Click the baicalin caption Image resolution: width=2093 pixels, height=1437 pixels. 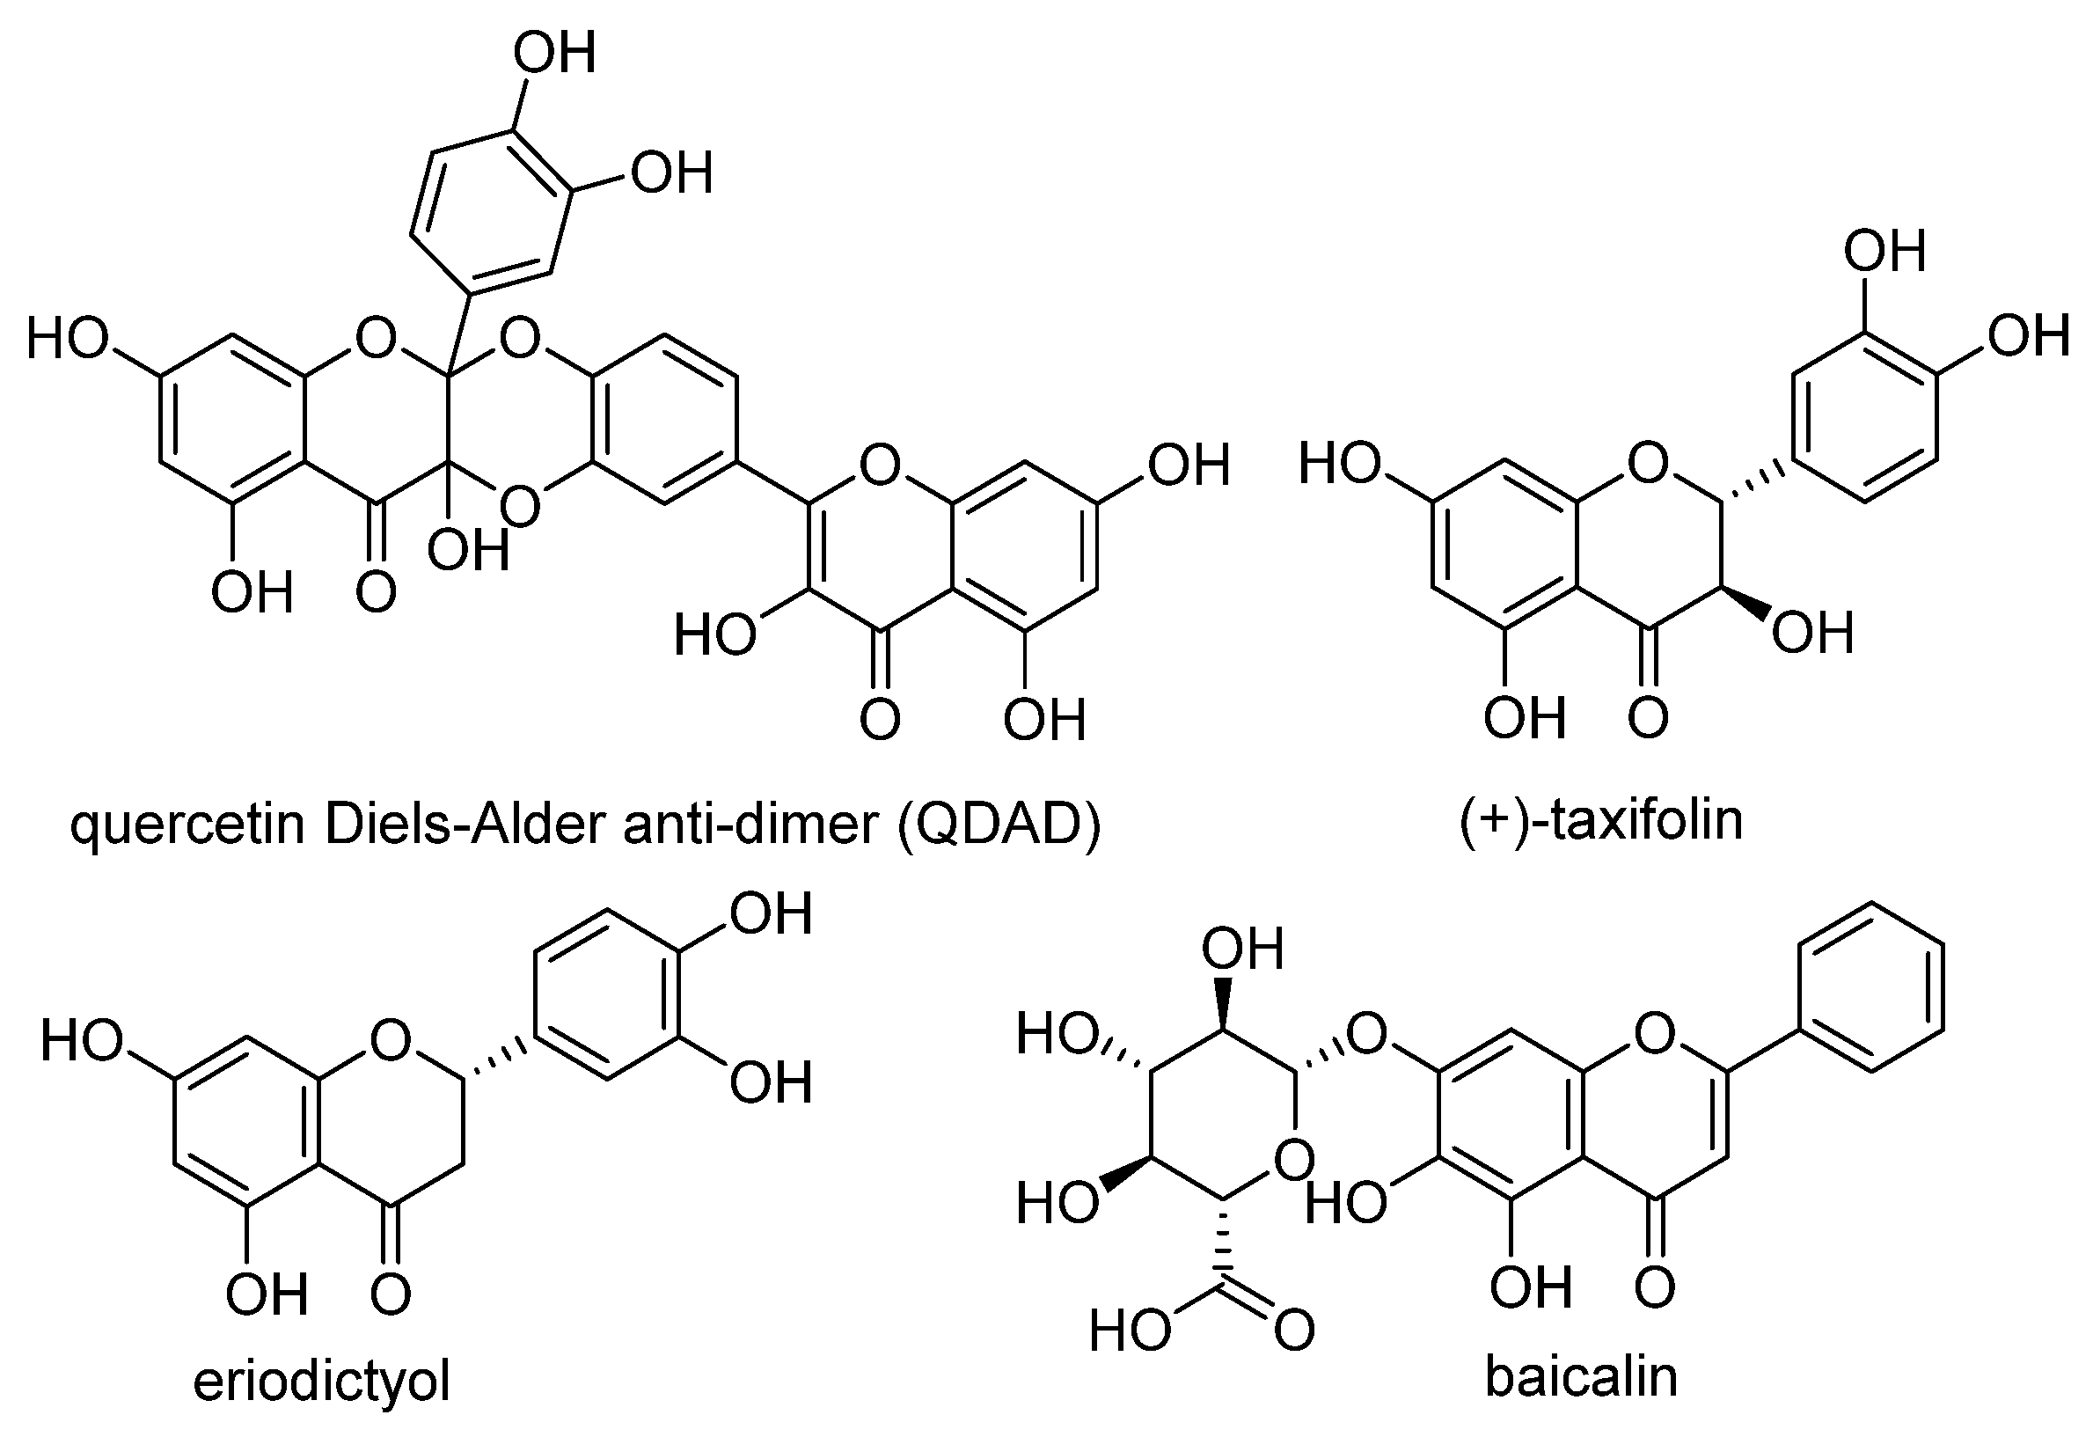pyautogui.click(x=1581, y=1376)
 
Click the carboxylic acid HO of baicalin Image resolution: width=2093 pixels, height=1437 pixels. pyautogui.click(x=1131, y=1330)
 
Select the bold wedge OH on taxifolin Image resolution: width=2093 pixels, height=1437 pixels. pyautogui.click(x=1813, y=633)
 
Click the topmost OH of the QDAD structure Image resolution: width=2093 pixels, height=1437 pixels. pyautogui.click(x=555, y=54)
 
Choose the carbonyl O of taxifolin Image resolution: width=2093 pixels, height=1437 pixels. pyautogui.click(x=1648, y=719)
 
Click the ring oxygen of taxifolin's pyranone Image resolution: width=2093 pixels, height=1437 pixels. pyautogui.click(x=1648, y=463)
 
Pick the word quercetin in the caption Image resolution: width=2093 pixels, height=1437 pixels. pyautogui.click(x=187, y=824)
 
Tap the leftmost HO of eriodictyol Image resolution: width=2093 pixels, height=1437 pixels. pyautogui.click(x=81, y=1042)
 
